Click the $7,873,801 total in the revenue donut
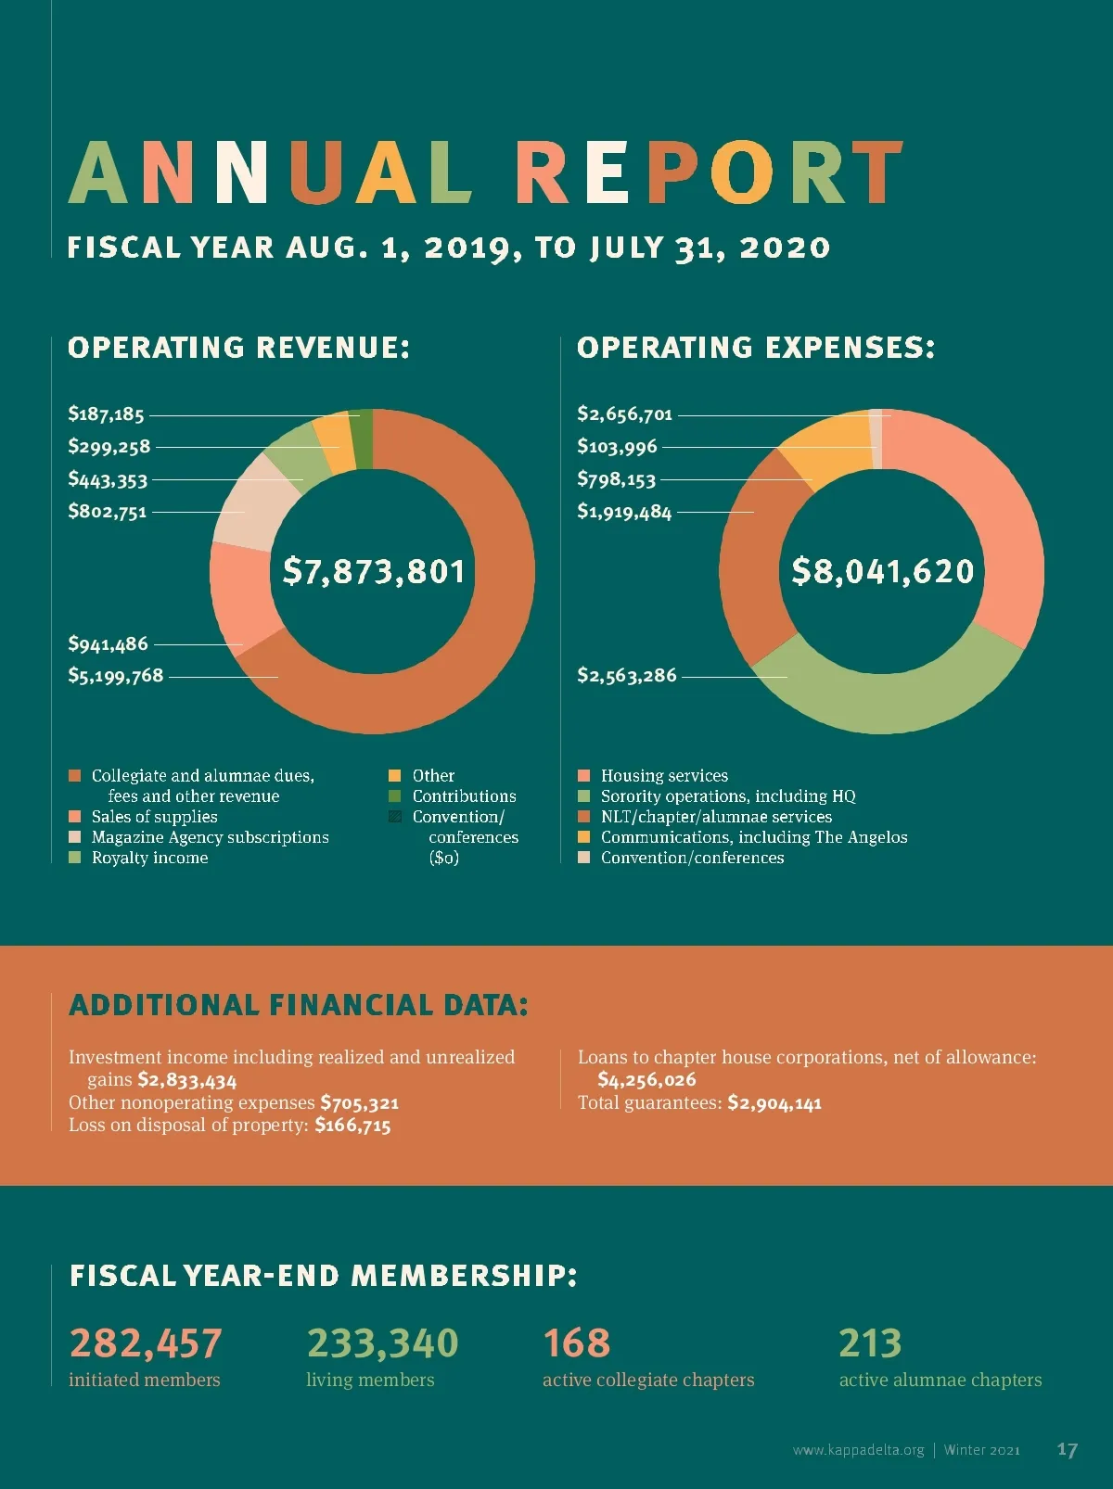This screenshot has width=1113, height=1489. (373, 571)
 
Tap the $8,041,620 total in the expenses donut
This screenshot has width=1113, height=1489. (882, 571)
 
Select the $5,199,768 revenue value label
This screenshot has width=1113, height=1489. (115, 676)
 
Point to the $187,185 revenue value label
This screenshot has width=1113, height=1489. (106, 414)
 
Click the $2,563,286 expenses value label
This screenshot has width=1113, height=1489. (627, 676)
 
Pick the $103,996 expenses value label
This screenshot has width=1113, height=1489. (617, 447)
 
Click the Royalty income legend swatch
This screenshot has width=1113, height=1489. (75, 858)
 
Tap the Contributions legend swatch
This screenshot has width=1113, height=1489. (395, 796)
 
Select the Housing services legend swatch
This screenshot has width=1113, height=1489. (583, 775)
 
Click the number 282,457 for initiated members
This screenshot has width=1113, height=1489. (146, 1343)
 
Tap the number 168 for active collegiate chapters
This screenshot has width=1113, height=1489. (576, 1343)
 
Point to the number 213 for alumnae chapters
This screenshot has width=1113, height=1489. (869, 1343)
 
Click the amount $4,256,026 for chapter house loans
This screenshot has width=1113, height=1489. (646, 1079)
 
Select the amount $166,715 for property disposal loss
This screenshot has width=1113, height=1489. (352, 1126)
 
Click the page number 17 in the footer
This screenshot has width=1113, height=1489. (1067, 1449)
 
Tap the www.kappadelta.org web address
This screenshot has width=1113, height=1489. (858, 1450)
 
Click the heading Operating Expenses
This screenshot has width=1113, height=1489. (755, 348)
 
